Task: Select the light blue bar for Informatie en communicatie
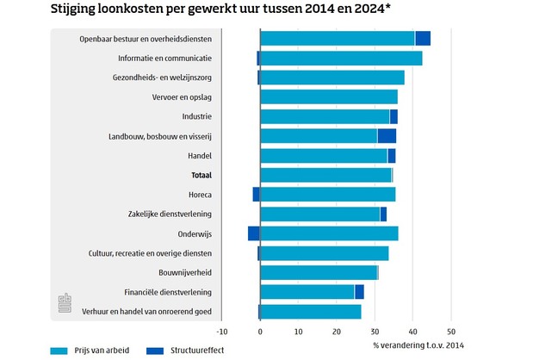pos(341,58)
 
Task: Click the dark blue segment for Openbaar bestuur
pos(423,38)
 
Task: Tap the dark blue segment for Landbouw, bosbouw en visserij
pos(387,136)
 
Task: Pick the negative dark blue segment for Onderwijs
pos(253,233)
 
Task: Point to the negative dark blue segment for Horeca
pos(256,195)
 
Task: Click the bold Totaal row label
pos(201,175)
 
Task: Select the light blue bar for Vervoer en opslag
pos(329,97)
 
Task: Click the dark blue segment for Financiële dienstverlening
pos(359,292)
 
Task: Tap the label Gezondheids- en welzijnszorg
pos(164,78)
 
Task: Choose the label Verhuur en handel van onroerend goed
pos(146,312)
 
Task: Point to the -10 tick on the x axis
pos(221,330)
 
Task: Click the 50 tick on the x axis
pos(450,330)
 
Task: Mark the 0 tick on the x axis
pos(260,330)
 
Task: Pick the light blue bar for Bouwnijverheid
pos(318,272)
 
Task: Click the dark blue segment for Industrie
pos(393,116)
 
